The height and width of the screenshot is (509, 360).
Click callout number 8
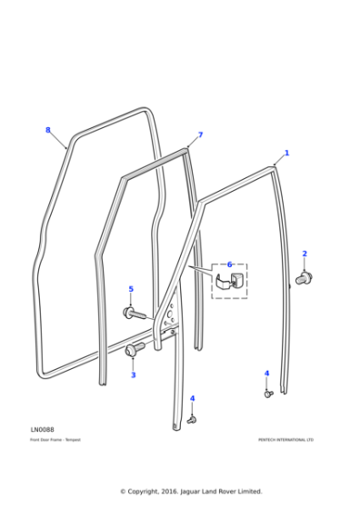coord(48,130)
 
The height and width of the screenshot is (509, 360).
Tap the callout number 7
coord(200,135)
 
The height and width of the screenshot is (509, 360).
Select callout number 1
coord(287,154)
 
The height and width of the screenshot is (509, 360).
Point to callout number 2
coord(305,254)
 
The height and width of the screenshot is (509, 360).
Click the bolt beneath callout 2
coord(305,275)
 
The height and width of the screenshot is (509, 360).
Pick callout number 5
coord(131,289)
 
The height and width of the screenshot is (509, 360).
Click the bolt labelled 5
coord(131,314)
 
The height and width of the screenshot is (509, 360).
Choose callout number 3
coord(133,374)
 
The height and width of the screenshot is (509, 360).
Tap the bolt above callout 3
coord(135,349)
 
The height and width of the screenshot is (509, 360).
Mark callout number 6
coord(230,264)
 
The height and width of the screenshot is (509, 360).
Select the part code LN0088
coord(42,429)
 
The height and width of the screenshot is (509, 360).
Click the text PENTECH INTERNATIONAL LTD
coord(285,440)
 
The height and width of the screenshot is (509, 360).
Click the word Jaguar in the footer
coord(199,491)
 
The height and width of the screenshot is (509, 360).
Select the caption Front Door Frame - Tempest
coord(55,440)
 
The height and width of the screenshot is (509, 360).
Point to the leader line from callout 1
coord(280,160)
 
